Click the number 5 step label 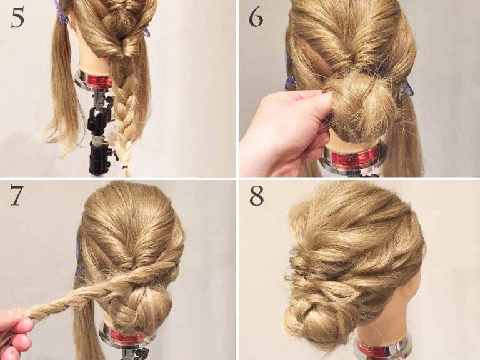tap(17, 17)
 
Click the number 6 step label tap(256, 17)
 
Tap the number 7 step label tap(16, 195)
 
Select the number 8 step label tap(256, 195)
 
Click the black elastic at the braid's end tap(124, 167)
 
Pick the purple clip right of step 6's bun tap(404, 87)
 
